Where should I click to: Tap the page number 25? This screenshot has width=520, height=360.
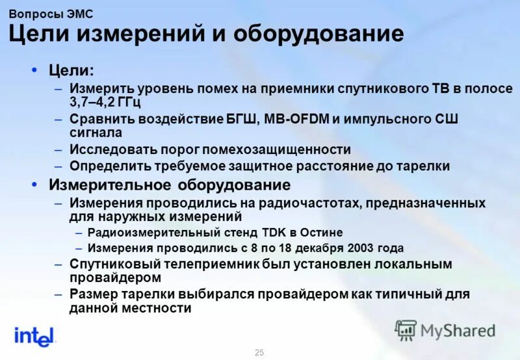pos(259,352)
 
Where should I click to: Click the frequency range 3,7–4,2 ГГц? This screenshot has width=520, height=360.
pos(105,103)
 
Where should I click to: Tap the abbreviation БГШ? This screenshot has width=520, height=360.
pos(242,119)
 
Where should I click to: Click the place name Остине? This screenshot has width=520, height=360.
pos(321,232)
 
